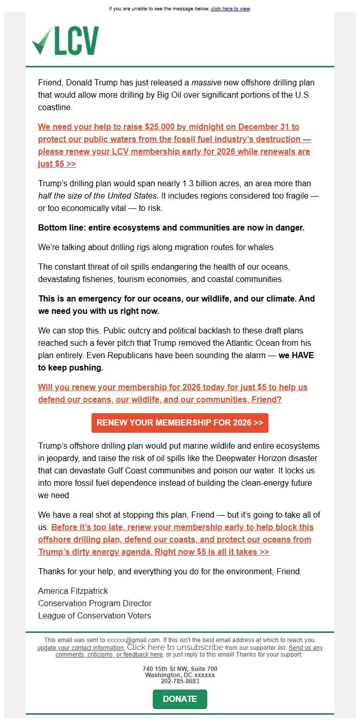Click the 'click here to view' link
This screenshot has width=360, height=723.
[230, 9]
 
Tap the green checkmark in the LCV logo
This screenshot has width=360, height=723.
[41, 42]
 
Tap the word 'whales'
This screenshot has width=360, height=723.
[262, 247]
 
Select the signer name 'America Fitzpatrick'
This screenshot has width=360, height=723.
[73, 591]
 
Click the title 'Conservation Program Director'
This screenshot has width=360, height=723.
[95, 603]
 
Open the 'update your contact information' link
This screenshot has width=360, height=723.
[81, 647]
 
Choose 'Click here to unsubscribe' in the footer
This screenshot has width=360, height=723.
[175, 647]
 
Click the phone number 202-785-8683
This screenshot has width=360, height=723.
[180, 681]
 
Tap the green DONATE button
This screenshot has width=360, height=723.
[180, 699]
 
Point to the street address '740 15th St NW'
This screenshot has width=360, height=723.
[165, 668]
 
